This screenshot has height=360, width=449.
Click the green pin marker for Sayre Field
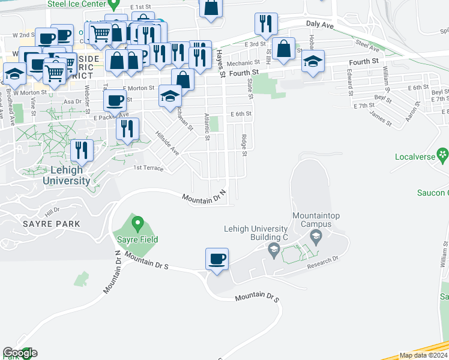[x=137, y=225]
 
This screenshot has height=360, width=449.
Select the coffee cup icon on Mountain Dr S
[x=217, y=259]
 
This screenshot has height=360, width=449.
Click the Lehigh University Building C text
[x=256, y=233]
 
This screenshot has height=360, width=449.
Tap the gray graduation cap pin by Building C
[x=274, y=250]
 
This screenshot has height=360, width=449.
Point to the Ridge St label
[x=244, y=145]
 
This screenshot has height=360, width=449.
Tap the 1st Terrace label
[x=148, y=168]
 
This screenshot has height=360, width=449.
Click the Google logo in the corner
[x=19, y=353]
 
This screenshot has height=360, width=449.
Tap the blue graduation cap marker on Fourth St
[x=313, y=62]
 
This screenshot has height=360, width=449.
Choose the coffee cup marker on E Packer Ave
[x=115, y=100]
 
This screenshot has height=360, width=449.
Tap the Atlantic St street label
[x=206, y=127]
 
